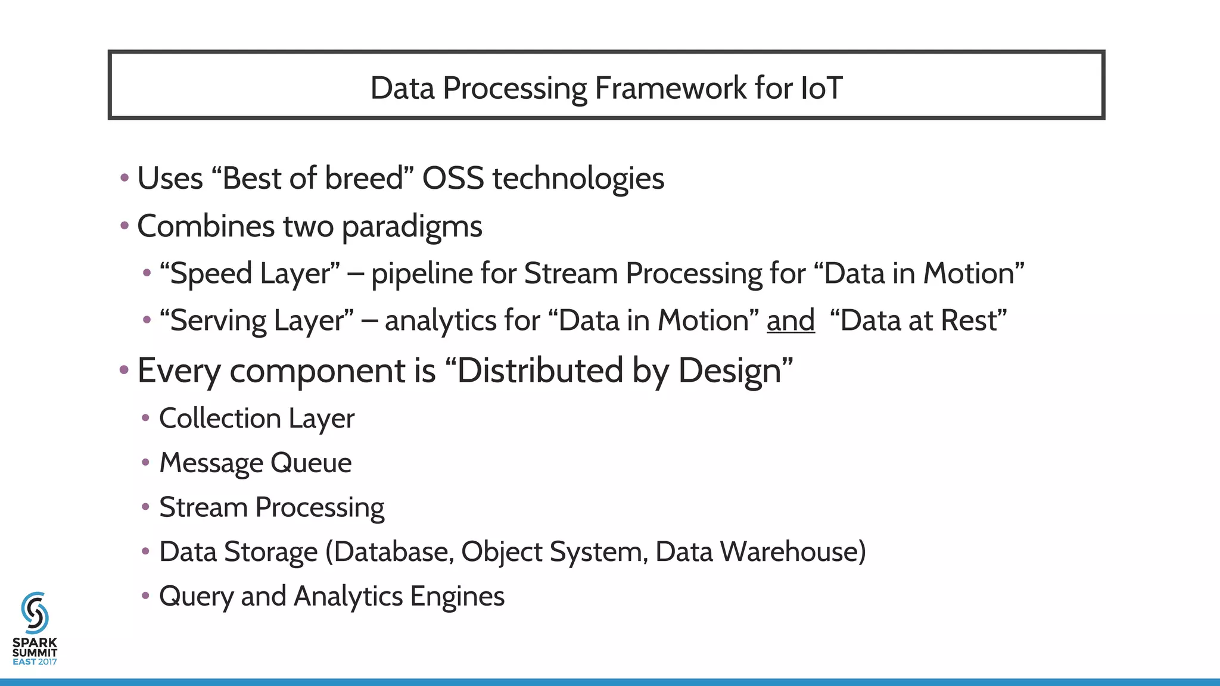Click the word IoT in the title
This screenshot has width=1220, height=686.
[x=821, y=88]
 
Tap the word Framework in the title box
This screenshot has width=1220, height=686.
[x=670, y=88]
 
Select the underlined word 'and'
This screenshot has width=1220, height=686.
[x=790, y=320]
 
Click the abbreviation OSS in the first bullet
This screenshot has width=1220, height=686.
[x=453, y=178]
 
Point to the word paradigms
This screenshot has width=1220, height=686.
[x=412, y=227]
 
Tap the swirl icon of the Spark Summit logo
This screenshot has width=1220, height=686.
[x=35, y=613]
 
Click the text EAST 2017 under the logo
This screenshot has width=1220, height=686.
[x=35, y=662]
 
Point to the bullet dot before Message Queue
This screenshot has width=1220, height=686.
[x=145, y=463]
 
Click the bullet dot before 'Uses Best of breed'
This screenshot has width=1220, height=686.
[x=124, y=177]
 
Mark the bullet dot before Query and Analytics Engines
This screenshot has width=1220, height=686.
[x=145, y=595]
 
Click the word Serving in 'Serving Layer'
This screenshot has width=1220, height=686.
[x=217, y=321]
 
